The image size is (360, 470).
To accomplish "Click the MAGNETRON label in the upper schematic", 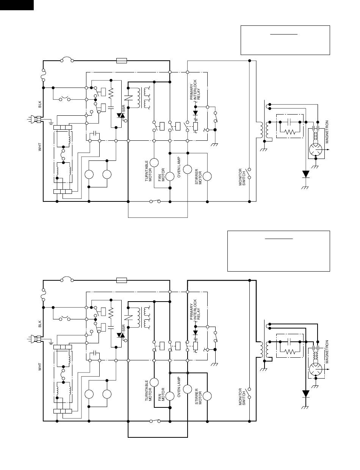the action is click(x=327, y=132).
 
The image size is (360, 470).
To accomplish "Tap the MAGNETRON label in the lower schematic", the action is click(x=327, y=352).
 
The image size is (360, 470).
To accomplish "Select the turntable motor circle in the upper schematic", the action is click(x=154, y=162).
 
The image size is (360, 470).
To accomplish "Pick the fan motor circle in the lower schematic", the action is click(x=170, y=396).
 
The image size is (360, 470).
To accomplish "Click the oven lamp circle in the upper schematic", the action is click(x=188, y=169).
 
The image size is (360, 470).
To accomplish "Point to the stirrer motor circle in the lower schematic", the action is click(x=207, y=396).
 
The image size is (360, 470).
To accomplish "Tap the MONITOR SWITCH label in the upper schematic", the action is click(x=242, y=177).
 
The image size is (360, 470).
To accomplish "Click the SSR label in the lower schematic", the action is click(x=124, y=328).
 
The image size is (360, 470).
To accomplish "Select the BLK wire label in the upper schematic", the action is click(x=40, y=104).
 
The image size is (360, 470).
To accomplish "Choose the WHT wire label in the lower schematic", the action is click(x=40, y=367).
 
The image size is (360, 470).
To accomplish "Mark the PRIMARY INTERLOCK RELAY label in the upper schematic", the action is click(x=195, y=90).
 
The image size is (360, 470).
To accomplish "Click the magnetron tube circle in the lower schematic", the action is click(x=316, y=369).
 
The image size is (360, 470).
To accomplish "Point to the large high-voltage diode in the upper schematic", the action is click(x=305, y=174).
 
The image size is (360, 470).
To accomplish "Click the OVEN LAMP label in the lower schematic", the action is click(x=179, y=387).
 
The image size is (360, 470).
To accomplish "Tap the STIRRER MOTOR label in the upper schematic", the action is click(x=199, y=177).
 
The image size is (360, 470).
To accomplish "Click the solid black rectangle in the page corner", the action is click(x=17, y=5).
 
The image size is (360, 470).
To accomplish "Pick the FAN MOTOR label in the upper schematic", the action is click(x=161, y=175).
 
